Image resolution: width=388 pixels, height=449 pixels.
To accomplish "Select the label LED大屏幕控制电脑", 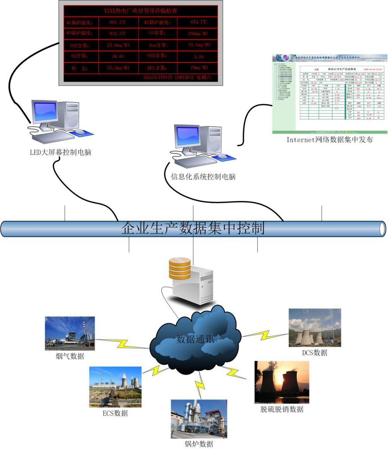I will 61,153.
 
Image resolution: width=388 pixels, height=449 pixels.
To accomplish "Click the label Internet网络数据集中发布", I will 329,140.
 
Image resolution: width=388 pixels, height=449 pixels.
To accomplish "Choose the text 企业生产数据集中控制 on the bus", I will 193,228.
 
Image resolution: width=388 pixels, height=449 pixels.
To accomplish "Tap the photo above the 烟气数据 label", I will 70,331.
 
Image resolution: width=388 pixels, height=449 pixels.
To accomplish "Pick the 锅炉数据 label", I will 198,444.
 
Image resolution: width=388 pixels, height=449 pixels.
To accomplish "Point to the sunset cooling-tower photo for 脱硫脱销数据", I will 282,382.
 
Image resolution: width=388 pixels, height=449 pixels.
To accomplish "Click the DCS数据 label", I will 315,353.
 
